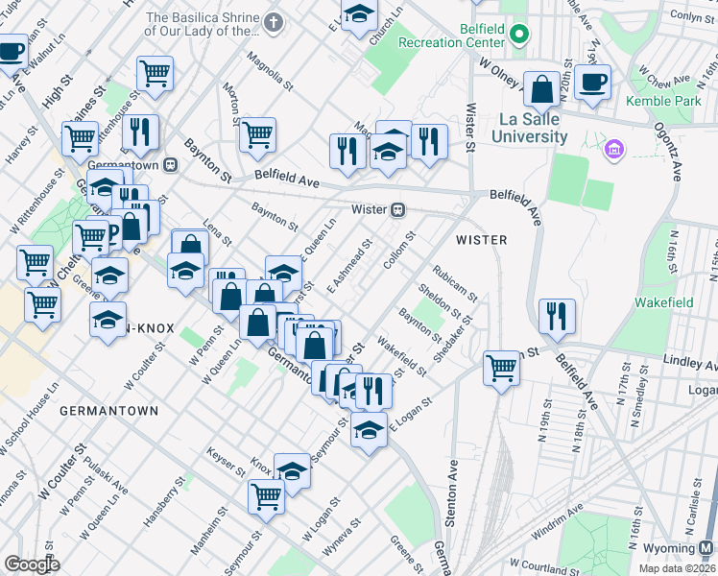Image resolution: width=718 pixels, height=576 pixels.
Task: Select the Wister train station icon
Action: click(395, 210)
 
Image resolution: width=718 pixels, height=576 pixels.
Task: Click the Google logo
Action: click(33, 564)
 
